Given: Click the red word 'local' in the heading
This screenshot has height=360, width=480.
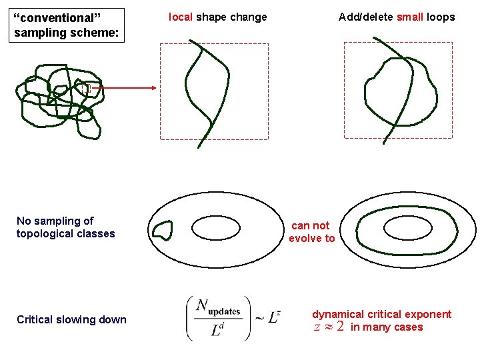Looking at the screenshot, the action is [181, 17].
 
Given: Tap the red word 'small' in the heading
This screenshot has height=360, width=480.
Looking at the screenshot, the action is [409, 17].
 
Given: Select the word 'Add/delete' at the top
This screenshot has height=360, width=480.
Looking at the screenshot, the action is [366, 17].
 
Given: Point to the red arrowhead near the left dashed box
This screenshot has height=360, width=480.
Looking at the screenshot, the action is [153, 87].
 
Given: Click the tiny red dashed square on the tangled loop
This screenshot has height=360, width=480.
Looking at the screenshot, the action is [85, 87].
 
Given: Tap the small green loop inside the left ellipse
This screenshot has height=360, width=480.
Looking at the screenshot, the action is [163, 231].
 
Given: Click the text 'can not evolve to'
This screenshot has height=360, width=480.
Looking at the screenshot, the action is [311, 232].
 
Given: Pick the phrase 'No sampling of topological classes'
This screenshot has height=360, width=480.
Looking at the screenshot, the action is [65, 227].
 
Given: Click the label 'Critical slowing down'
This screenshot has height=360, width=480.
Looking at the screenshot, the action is [71, 320].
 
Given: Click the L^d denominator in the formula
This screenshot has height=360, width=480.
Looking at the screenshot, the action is [219, 329].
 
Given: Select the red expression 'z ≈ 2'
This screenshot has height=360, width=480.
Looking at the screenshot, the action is [329, 327].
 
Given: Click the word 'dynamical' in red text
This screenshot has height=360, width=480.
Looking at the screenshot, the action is [338, 314].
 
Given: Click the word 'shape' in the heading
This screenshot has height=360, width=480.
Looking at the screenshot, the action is [212, 17].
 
